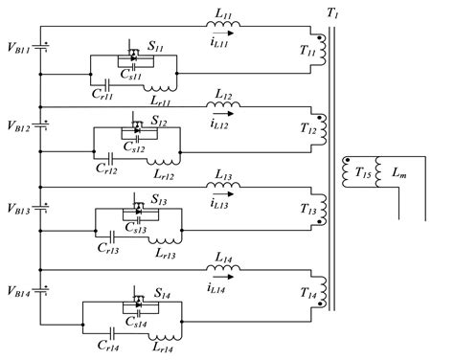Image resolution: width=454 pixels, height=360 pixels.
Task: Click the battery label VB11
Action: (16, 45)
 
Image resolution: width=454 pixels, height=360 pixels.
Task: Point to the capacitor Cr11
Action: (103, 83)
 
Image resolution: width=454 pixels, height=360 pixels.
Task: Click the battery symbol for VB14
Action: (39, 288)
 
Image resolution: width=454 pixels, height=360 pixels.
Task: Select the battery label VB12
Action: (16, 125)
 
